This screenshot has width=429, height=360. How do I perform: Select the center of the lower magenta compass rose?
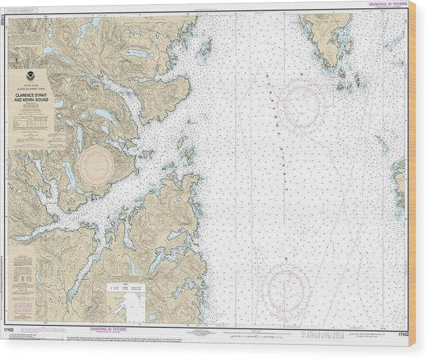point(287,288)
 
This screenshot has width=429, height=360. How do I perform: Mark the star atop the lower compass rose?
point(286,261)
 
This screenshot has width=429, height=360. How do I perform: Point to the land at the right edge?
point(399,182)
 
